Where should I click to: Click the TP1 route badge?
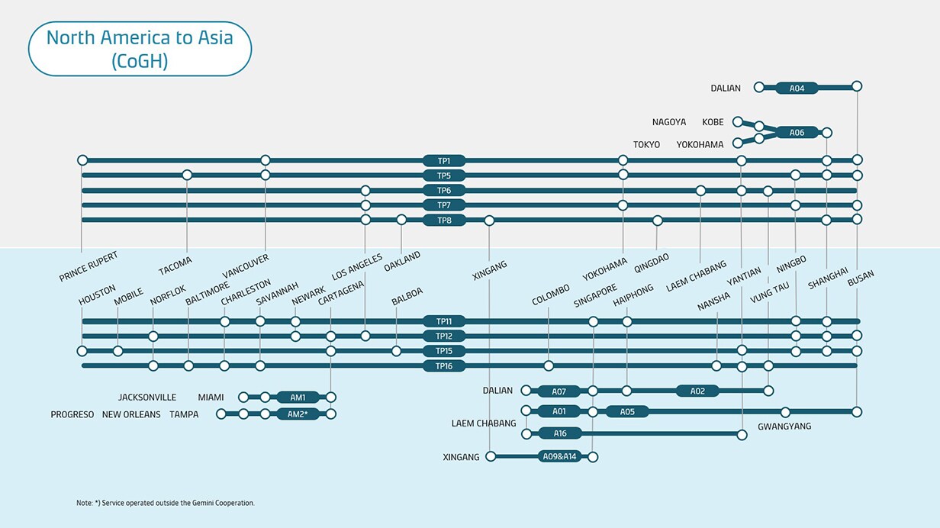click(x=444, y=161)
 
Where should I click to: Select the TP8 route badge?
click(x=444, y=221)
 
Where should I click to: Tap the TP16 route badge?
click(x=444, y=366)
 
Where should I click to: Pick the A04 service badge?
click(x=797, y=88)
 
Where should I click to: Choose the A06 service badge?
click(x=797, y=132)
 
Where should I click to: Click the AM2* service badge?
click(x=298, y=414)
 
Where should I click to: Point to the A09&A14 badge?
click(x=559, y=457)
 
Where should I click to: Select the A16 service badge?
click(x=560, y=433)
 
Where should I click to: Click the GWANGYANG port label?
click(x=784, y=427)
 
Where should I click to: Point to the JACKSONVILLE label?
click(x=147, y=398)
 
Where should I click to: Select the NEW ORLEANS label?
click(x=131, y=414)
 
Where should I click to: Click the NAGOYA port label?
click(x=669, y=122)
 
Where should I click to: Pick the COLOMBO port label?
click(x=551, y=295)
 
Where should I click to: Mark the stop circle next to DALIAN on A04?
click(x=758, y=87)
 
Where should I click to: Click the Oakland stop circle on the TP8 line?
click(x=401, y=220)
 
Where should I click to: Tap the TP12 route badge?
click(x=444, y=336)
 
